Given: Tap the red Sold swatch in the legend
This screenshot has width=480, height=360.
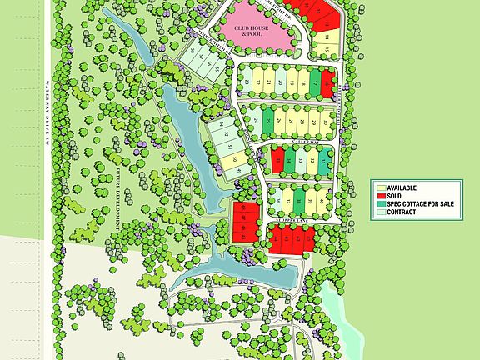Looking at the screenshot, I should pos(379,196).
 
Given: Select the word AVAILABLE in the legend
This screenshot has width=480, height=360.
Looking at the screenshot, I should pos(402,188).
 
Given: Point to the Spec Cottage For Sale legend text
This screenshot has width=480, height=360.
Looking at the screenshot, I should pos(420,204).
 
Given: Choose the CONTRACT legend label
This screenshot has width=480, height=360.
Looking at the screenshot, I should pos(402,212).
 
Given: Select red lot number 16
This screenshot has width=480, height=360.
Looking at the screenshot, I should pos(327,82).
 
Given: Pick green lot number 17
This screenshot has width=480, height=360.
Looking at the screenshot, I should pos(314,82).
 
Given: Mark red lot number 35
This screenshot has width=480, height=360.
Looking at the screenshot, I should pos(277,161).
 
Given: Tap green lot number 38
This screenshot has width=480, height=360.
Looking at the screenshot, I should pos(299,200).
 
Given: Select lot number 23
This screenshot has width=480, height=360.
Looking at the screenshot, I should pos(247,82).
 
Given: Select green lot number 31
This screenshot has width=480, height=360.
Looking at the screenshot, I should pos(323,161).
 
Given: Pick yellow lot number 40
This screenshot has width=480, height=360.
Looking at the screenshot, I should pos(322,200).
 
